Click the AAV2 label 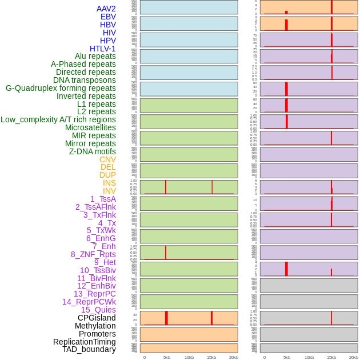click(106, 9)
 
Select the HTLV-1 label click(103, 49)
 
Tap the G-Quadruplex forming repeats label click(61, 88)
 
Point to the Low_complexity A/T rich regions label click(58, 119)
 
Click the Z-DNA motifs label click(93, 151)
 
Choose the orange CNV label click(107, 159)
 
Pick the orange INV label click(109, 191)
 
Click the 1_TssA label click(103, 199)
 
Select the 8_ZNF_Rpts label click(93, 254)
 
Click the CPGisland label click(97, 318)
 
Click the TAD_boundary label click(89, 349)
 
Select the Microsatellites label click(90, 127)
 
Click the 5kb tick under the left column click(167, 357)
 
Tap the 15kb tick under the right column click(331, 357)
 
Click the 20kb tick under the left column click(234, 357)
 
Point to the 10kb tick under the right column click(309, 357)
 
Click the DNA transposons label click(85, 80)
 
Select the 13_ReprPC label click(94, 294)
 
